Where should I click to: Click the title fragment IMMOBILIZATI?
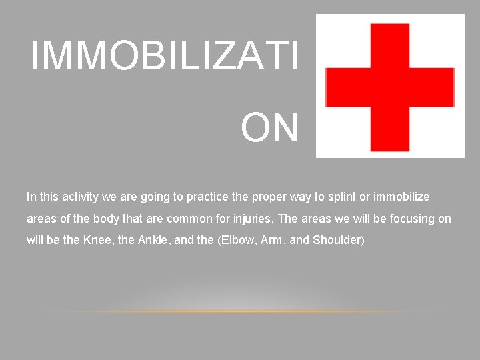[x=165, y=56]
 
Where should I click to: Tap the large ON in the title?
[x=269, y=129]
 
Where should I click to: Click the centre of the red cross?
[x=390, y=87]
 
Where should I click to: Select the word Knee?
[x=99, y=241]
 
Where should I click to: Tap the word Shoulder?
[x=337, y=241]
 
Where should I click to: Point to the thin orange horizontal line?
[x=240, y=311]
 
